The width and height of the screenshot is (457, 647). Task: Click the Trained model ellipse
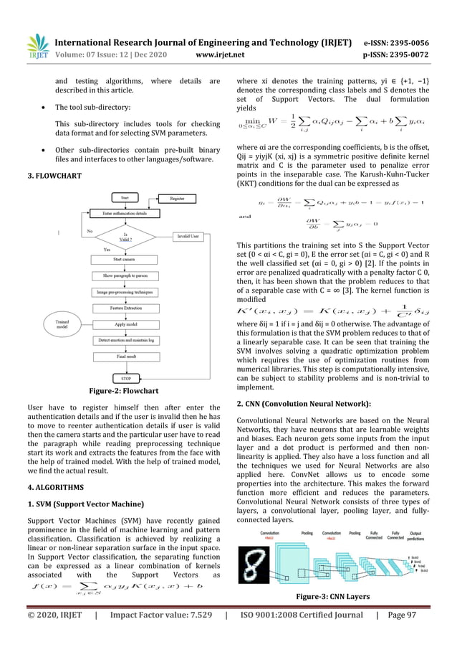click(62, 325)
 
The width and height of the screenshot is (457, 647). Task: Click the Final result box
click(127, 356)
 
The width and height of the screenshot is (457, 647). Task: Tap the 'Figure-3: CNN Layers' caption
click(342, 595)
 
